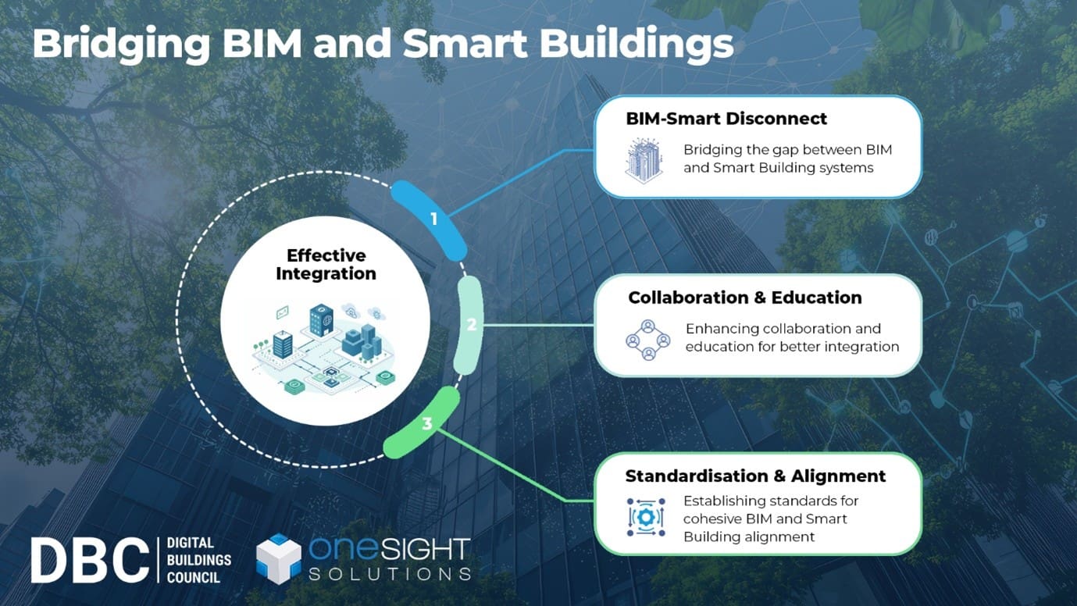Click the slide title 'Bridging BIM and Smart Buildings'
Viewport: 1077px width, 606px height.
click(383, 45)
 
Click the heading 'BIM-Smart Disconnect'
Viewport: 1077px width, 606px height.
click(726, 119)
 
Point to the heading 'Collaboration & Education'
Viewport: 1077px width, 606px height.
click(744, 298)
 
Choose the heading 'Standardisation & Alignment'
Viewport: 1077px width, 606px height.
click(755, 476)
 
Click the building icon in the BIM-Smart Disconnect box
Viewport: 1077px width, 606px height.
click(644, 160)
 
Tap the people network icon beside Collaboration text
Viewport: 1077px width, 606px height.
click(648, 339)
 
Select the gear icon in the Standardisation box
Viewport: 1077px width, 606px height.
click(646, 518)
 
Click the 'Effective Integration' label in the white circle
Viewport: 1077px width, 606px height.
click(326, 264)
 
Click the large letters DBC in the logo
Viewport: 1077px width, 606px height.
click(89, 560)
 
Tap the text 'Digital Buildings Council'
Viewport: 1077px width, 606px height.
click(199, 560)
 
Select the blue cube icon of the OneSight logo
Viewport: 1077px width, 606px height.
click(279, 558)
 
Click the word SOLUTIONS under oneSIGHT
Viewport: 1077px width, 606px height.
click(389, 574)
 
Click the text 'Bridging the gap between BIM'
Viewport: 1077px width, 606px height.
click(787, 150)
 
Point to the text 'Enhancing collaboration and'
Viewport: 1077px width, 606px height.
click(783, 329)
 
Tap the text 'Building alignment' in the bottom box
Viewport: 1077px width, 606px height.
click(749, 536)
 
